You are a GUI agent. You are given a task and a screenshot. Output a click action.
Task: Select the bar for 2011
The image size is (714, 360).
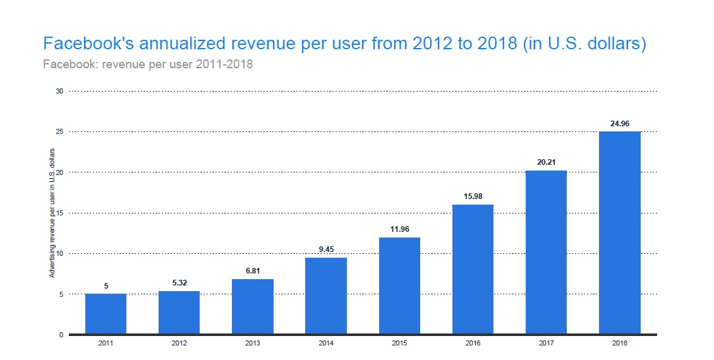coord(106,314)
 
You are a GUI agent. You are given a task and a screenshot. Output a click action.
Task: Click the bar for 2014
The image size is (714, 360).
coord(325,296)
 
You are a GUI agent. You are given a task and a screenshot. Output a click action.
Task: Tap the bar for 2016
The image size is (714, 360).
coord(473,269)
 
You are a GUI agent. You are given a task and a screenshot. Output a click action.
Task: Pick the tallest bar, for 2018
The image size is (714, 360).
coord(619,232)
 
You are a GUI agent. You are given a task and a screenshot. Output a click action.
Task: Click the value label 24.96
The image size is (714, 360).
coord(619,124)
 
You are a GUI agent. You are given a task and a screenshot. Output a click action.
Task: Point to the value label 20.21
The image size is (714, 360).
coord(546,162)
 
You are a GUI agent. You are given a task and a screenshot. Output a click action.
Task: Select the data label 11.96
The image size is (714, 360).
coord(399,229)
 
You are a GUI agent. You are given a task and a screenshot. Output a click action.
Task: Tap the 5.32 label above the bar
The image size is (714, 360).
coord(179,284)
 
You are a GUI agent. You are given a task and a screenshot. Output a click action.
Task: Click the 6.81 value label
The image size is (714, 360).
coord(252,271)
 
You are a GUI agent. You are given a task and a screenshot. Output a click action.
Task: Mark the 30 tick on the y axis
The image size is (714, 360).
coord(60,91)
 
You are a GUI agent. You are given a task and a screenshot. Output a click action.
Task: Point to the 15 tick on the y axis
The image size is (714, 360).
coord(60,213)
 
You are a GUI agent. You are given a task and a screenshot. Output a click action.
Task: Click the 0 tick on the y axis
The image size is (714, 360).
coord(62,335)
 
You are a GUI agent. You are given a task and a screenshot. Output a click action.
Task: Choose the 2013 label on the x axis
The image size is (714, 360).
coord(252,343)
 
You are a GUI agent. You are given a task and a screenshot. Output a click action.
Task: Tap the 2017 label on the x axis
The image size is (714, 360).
coord(546,343)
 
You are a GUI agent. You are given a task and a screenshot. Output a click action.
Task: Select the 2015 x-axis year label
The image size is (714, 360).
coord(399,343)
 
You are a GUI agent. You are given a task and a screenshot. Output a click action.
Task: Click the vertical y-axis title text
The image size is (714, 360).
coord(52,213)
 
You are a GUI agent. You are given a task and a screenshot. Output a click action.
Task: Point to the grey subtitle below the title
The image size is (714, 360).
coord(147,65)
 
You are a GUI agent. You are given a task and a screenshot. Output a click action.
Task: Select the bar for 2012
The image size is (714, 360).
coord(179,313)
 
